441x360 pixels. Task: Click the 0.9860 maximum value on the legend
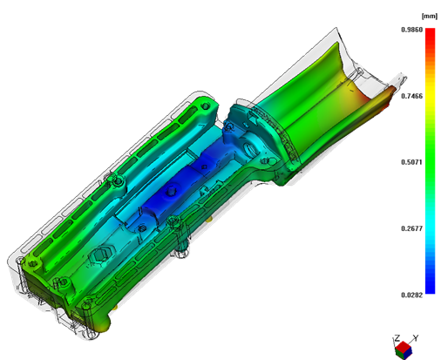tap(411, 30)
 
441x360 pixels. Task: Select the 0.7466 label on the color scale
tap(411, 96)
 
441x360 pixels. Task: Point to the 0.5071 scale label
tap(411, 162)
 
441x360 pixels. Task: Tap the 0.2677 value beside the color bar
tap(411, 228)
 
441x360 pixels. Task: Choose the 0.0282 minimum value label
tap(411, 295)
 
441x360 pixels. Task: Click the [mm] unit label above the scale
tap(430, 17)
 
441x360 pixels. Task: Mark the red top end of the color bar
tap(431, 30)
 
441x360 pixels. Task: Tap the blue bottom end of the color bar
tap(431, 292)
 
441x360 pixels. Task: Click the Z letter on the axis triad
tap(397, 338)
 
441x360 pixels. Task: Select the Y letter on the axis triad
tap(416, 338)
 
